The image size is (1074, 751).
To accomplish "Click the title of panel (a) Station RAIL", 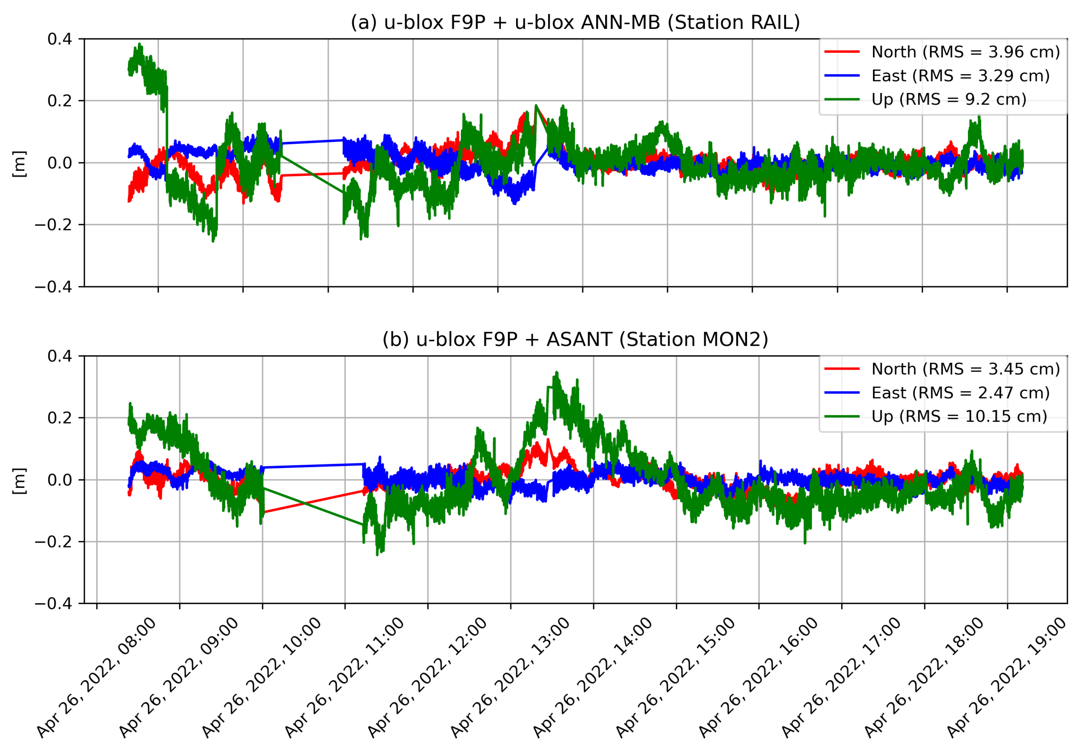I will [x=575, y=22].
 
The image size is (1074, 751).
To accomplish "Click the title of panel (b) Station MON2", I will [x=575, y=339].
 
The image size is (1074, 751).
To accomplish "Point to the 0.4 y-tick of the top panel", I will [x=60, y=39].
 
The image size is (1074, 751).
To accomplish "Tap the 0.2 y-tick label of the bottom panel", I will [x=60, y=418].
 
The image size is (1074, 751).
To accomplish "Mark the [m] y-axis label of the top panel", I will [x=19, y=163].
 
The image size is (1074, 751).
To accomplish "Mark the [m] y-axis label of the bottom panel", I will [x=19, y=480].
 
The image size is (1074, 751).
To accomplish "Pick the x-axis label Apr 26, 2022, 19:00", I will [x=1007, y=679].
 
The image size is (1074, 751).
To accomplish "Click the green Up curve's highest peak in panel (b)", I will [x=557, y=373].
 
